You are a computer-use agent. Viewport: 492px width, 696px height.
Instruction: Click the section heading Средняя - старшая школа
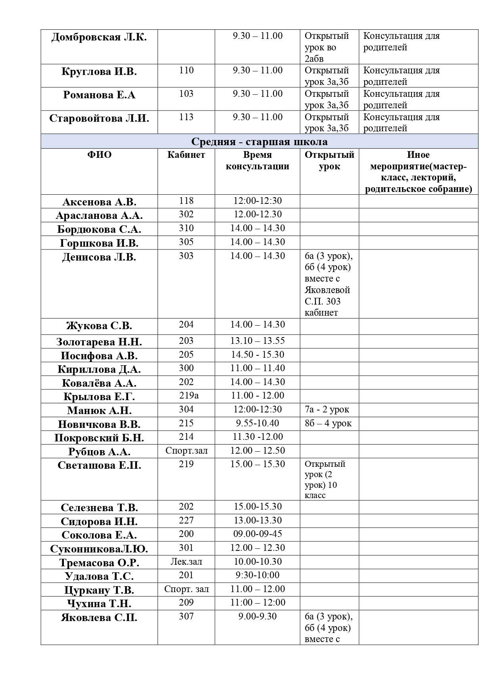pos(259,142)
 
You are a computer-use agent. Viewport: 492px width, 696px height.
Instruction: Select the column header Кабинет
pos(186,155)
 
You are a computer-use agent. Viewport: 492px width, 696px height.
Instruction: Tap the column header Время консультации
pos(258,161)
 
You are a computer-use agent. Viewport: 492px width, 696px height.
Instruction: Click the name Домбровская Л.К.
pos(99,38)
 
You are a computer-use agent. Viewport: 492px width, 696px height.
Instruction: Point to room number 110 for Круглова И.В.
pos(186,71)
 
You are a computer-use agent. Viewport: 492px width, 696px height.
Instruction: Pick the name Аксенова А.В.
pos(99,202)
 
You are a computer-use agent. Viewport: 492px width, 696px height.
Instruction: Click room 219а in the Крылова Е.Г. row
pos(186,396)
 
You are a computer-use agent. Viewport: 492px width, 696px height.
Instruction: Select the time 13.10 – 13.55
pos(258,341)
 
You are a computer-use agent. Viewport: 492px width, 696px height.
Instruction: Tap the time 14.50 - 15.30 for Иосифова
pos(258,355)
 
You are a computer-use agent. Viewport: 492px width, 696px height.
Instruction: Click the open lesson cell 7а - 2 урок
pos(327,410)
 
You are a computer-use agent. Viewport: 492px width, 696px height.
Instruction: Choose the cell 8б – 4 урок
pos(328,424)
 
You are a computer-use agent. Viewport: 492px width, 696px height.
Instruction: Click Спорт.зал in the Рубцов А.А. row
pos(186,451)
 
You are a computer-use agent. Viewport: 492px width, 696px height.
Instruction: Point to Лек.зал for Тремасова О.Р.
pos(186,562)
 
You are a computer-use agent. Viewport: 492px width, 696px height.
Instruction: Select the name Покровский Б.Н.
pos(99,438)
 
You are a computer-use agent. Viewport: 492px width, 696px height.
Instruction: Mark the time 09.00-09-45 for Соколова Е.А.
pos(258,534)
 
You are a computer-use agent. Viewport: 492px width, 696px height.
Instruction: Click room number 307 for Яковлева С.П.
pos(186,617)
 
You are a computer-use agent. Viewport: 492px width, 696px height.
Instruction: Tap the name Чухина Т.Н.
pos(99,604)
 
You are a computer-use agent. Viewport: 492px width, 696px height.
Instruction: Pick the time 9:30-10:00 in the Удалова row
pos(258,575)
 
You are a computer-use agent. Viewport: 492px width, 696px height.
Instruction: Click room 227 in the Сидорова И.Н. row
pos(186,521)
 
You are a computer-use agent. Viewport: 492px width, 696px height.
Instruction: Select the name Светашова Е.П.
pos(99,465)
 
